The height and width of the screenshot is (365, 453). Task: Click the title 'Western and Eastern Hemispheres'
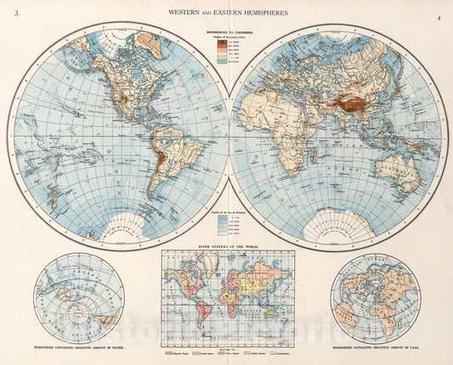tap(226, 13)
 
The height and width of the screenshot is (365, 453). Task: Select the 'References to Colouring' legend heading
tap(226, 31)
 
